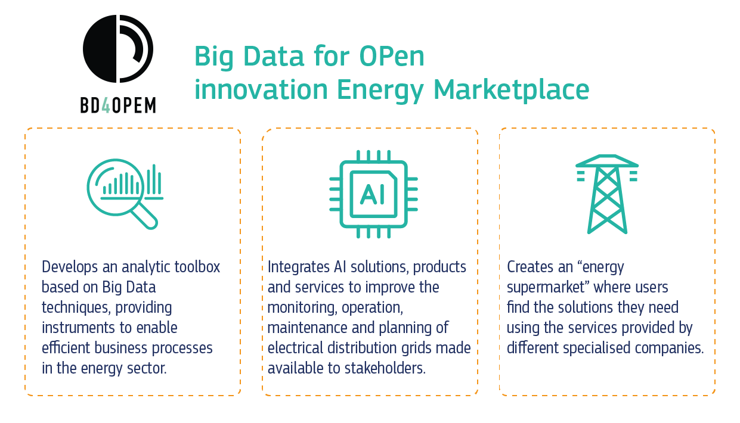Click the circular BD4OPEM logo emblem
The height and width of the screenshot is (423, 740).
click(x=118, y=49)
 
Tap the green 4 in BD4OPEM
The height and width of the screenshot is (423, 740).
click(x=106, y=105)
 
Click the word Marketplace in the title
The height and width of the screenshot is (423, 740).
click(x=512, y=89)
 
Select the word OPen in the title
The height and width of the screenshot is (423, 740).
click(x=392, y=57)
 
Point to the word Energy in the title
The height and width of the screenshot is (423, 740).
click(x=380, y=91)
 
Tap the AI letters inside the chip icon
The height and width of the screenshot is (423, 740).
click(x=373, y=194)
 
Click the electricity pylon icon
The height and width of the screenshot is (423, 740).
click(x=607, y=194)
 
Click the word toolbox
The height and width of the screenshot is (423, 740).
click(x=197, y=266)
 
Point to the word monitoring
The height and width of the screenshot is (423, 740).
click(x=302, y=308)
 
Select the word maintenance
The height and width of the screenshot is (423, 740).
click(x=307, y=328)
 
